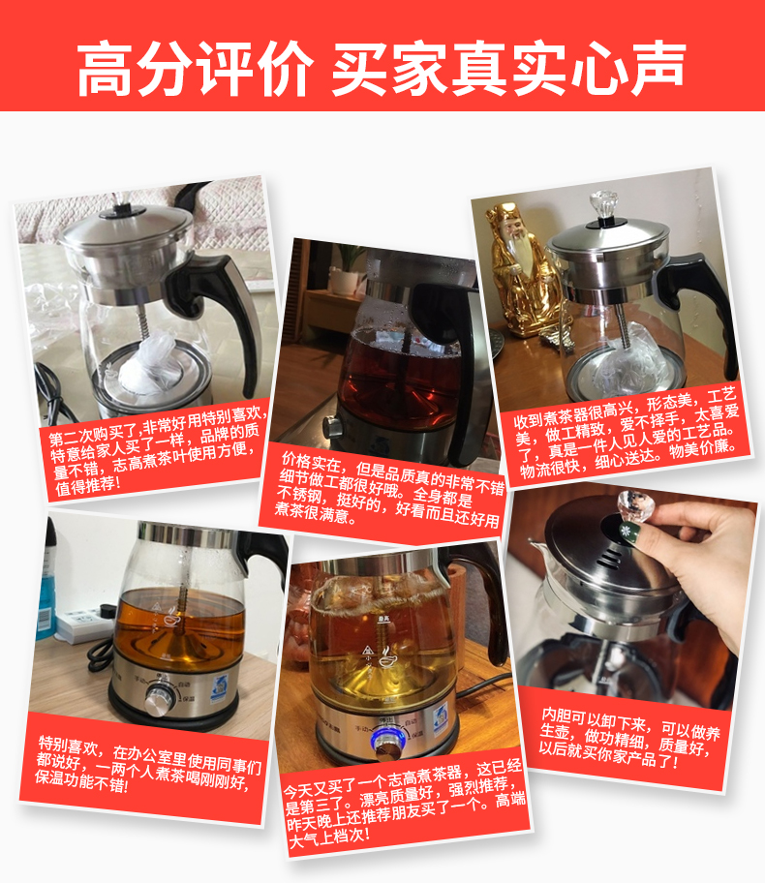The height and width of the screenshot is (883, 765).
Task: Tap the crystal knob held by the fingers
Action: coord(635,504)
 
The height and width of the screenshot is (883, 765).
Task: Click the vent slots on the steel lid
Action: coord(610,558)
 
